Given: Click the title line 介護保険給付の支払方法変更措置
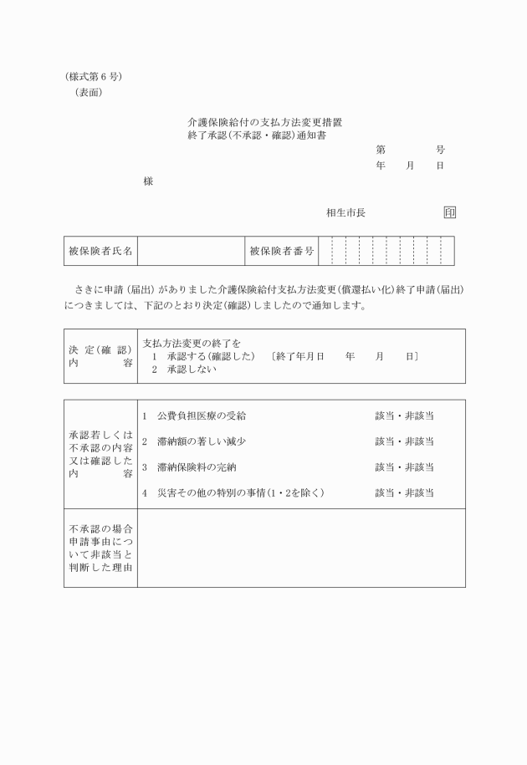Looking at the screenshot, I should click(264, 122).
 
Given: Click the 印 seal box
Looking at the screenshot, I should click(450, 212).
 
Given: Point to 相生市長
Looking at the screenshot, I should click(345, 213).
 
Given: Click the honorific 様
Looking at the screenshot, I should click(148, 181).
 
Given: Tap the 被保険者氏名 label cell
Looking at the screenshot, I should click(100, 251).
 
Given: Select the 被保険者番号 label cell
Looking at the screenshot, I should click(282, 251).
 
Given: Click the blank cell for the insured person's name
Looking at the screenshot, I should click(191, 251).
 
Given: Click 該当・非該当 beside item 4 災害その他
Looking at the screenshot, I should click(404, 493).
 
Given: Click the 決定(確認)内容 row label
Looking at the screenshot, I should click(100, 356).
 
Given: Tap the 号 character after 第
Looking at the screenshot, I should click(440, 150).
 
